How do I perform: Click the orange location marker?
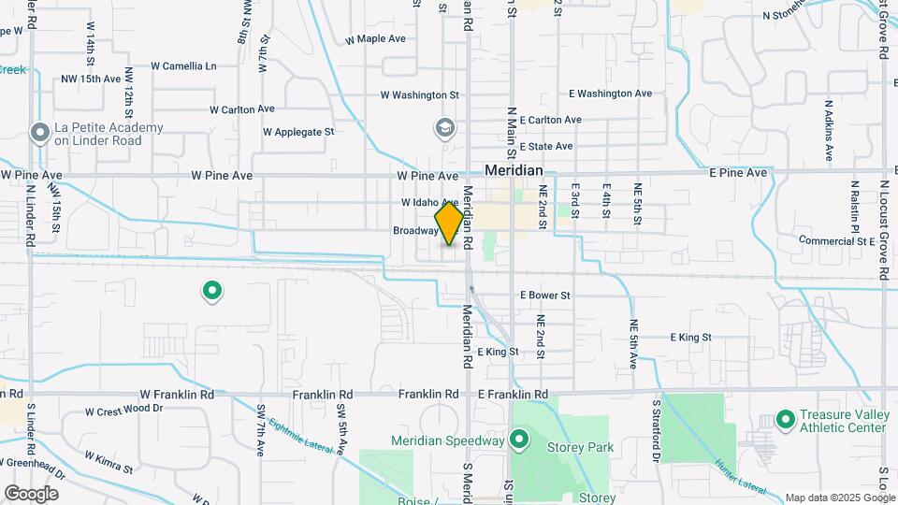pos(449,224)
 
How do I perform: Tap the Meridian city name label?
pos(514,171)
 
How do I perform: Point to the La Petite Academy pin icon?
pos(39,133)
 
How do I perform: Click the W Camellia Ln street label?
pos(183,66)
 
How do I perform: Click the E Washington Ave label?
pos(610,94)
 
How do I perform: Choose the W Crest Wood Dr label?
pos(123,410)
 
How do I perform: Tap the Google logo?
pos(31,493)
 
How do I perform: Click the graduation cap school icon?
pos(445,127)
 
